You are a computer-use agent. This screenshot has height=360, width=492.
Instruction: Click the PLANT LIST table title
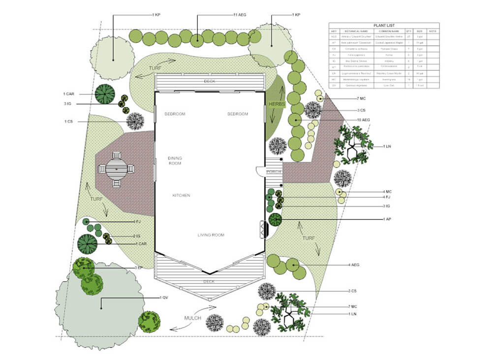coord(384,26)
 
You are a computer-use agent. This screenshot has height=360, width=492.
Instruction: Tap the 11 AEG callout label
coord(240,15)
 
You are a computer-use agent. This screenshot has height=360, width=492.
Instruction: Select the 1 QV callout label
coord(164,298)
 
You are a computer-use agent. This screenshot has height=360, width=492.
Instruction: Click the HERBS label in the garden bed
coord(277,104)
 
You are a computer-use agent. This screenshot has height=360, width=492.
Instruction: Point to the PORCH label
coord(274,172)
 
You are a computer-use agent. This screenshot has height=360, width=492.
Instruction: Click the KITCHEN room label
coord(181,196)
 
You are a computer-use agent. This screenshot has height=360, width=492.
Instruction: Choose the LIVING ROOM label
coord(211,235)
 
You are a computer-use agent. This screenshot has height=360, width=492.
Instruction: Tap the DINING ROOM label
coord(175,161)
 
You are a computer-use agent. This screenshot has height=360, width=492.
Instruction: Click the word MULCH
coord(193,318)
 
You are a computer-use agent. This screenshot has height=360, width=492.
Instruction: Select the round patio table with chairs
coord(117,169)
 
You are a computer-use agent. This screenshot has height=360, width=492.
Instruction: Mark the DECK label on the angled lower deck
coord(209,282)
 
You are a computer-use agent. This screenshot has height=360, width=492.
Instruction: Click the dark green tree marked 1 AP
coord(275,219)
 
